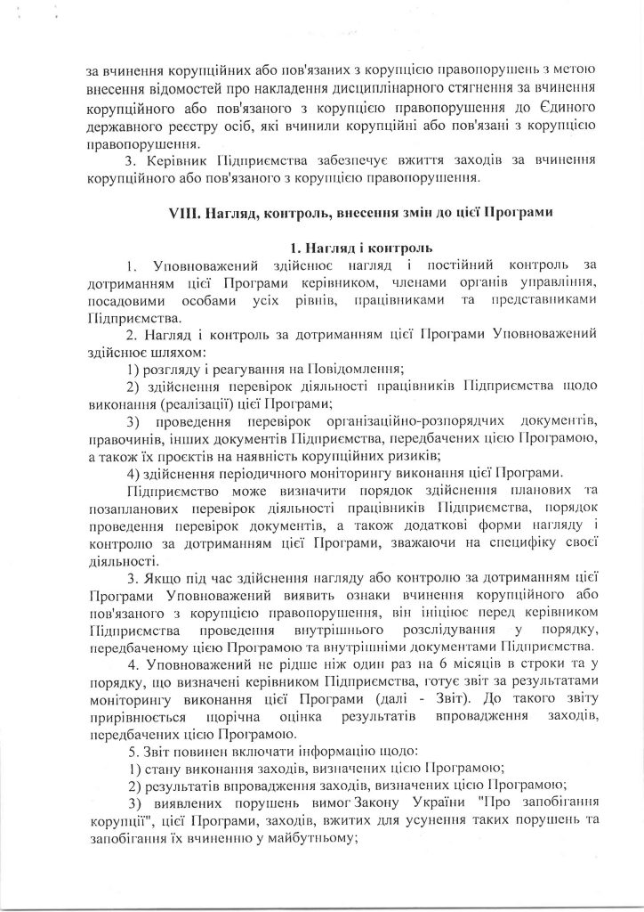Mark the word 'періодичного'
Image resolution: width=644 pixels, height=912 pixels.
click(262, 472)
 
